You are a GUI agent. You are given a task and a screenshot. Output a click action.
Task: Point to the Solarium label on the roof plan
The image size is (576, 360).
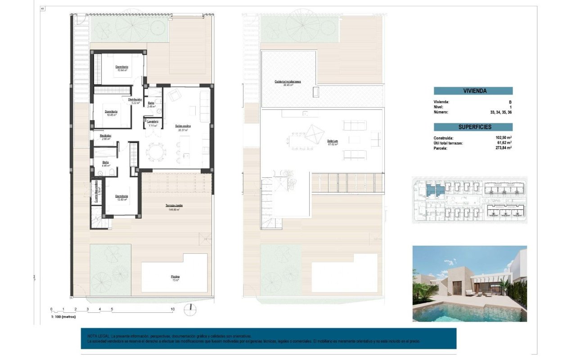(x=333, y=141)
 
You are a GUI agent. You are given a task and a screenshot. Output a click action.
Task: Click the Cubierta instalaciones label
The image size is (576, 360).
(x=288, y=82)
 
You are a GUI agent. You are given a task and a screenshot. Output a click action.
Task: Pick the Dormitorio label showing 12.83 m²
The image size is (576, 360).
(x=121, y=196)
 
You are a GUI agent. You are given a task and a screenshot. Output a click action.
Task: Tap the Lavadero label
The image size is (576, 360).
(x=152, y=121)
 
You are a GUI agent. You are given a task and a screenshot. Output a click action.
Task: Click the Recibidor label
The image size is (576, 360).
(x=106, y=135)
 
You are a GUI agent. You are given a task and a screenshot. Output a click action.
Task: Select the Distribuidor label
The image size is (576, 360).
(x=135, y=99)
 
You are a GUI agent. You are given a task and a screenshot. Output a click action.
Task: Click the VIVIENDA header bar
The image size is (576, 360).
(x=473, y=91)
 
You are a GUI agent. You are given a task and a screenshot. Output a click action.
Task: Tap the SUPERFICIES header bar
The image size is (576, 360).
(x=473, y=127)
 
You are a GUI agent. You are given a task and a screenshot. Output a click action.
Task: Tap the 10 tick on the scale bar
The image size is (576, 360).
(x=172, y=310)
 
